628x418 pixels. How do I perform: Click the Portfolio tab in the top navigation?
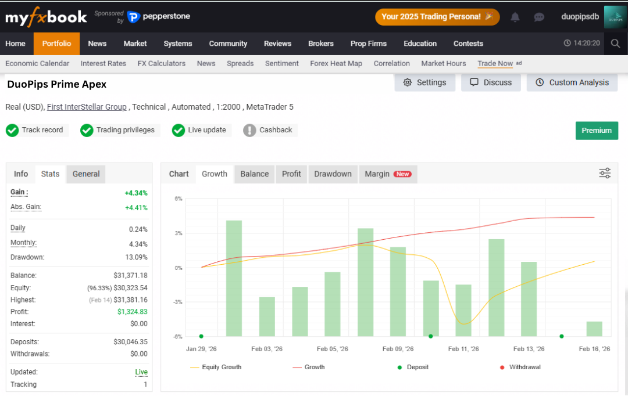tap(56, 44)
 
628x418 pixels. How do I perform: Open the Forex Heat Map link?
tap(336, 64)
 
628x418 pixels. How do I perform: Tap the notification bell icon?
tap(515, 17)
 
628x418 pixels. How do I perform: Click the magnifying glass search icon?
tap(615, 43)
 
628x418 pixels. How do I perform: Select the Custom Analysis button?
tap(572, 82)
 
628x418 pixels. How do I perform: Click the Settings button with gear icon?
tap(424, 82)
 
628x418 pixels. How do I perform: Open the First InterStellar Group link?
tap(87, 107)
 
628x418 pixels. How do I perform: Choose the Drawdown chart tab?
tap(333, 174)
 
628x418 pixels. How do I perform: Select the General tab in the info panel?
tap(86, 174)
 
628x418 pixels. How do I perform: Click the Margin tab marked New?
tap(388, 174)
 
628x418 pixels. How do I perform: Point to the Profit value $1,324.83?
tap(132, 312)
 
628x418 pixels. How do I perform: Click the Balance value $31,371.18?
tap(131, 275)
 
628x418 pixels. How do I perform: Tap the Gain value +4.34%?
tap(136, 193)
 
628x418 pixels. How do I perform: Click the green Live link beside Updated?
tap(141, 372)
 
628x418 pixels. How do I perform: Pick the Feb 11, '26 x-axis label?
tap(463, 349)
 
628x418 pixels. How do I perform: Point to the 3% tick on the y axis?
tap(179, 233)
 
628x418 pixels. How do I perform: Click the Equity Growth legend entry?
tap(216, 367)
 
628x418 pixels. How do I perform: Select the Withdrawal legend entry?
tap(520, 367)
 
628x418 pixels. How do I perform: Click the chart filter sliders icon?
tap(605, 173)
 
